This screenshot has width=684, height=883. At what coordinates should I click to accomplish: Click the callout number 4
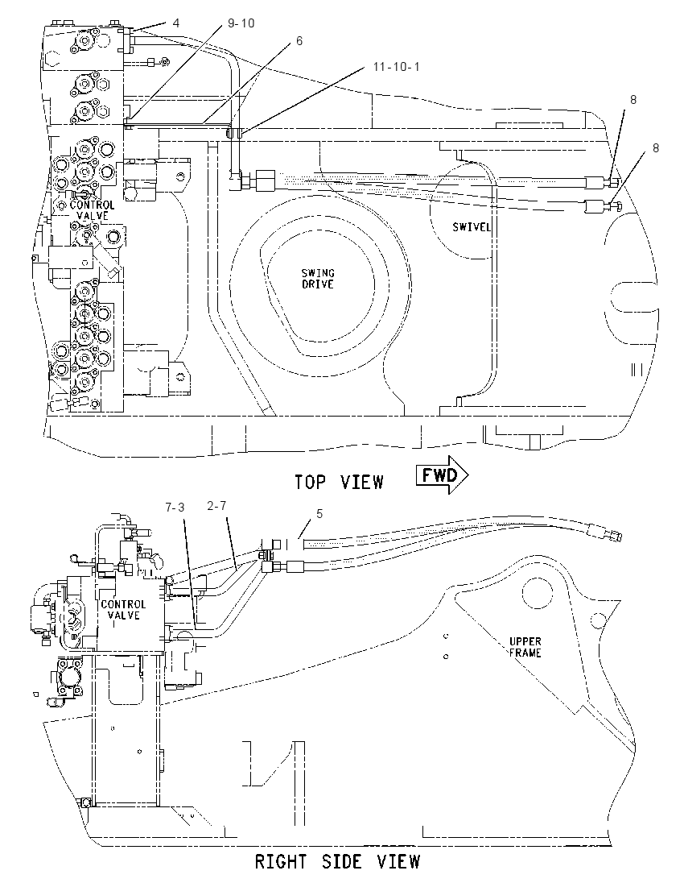pyautogui.click(x=176, y=23)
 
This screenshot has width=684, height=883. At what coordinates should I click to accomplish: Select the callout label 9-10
pyautogui.click(x=241, y=23)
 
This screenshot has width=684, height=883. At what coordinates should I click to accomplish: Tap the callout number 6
pyautogui.click(x=299, y=41)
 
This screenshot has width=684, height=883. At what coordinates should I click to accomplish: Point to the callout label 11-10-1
pyautogui.click(x=397, y=67)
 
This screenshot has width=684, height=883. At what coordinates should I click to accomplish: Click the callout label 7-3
pyautogui.click(x=175, y=508)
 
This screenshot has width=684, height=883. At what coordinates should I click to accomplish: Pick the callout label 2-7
pyautogui.click(x=216, y=506)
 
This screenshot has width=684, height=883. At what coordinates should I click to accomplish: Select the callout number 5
pyautogui.click(x=319, y=513)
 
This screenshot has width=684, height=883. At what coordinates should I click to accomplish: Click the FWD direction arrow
pyautogui.click(x=442, y=476)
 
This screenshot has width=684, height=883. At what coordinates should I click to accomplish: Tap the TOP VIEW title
pyautogui.click(x=340, y=482)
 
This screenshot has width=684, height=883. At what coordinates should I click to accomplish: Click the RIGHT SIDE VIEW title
pyautogui.click(x=337, y=861)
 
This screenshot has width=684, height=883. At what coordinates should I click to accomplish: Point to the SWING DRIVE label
pyautogui.click(x=318, y=279)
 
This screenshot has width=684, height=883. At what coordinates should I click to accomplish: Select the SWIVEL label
pyautogui.click(x=472, y=227)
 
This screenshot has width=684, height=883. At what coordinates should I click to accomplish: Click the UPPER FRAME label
pyautogui.click(x=525, y=647)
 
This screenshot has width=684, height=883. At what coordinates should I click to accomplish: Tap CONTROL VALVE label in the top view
pyautogui.click(x=93, y=210)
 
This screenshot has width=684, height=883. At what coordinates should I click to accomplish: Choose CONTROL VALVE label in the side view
pyautogui.click(x=123, y=610)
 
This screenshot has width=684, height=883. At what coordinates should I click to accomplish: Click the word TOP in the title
pyautogui.click(x=310, y=482)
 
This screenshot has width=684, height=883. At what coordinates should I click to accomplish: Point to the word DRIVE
pyautogui.click(x=318, y=284)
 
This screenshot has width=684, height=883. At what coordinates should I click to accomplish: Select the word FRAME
pyautogui.click(x=525, y=653)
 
